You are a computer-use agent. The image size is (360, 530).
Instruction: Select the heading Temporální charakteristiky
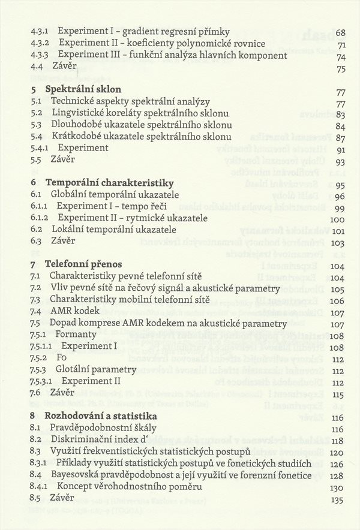click(x=109, y=183)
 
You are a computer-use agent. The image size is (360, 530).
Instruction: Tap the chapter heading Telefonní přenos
click(x=83, y=264)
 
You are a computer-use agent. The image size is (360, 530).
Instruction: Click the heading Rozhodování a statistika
click(x=101, y=415)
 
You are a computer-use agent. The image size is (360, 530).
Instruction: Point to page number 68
click(x=340, y=32)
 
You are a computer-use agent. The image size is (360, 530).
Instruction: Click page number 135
click(x=337, y=499)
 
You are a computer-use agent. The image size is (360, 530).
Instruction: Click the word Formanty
click(x=76, y=335)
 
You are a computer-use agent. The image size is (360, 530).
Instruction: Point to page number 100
click(x=337, y=218)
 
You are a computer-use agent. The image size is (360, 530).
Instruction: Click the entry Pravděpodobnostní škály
click(x=104, y=428)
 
